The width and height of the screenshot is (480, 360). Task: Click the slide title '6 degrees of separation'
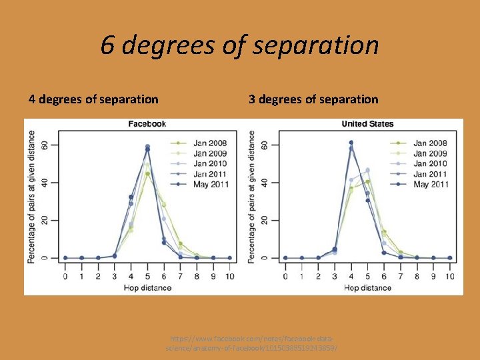(240, 45)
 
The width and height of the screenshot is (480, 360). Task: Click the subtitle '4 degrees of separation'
(93, 99)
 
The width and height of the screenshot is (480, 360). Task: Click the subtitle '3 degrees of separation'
(313, 99)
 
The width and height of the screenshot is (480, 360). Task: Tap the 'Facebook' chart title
(147, 124)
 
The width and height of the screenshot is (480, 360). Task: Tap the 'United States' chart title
(367, 124)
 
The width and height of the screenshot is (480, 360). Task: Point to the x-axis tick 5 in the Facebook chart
(147, 276)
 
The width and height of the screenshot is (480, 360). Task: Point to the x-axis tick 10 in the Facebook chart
(229, 276)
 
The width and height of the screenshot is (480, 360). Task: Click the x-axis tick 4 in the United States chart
(351, 276)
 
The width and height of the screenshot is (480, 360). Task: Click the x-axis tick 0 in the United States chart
(285, 276)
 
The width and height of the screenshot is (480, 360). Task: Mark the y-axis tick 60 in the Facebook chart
(44, 145)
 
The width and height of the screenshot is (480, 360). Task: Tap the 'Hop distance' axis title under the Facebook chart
(147, 287)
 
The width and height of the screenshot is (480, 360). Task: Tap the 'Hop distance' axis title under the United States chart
(367, 287)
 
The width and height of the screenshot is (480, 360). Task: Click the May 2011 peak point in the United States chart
(351, 143)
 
